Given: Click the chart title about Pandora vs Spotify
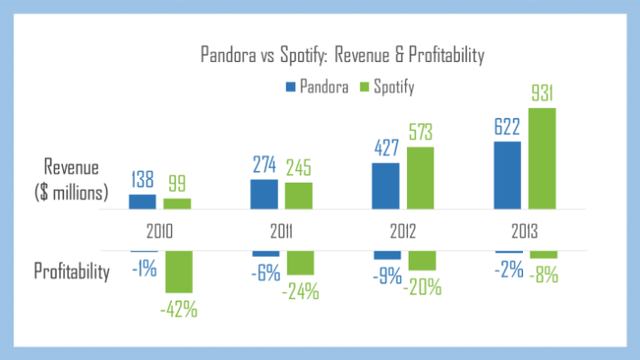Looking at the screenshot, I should click(342, 55).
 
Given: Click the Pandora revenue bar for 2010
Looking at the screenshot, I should click(142, 203).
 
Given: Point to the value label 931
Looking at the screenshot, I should click(542, 93).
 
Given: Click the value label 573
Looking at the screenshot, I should click(420, 132).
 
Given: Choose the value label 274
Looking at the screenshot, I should click(264, 164).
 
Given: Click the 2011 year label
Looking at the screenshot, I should click(282, 232).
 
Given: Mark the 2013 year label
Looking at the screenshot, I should click(526, 232).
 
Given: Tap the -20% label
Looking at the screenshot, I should click(421, 286).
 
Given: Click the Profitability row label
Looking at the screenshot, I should click(72, 271).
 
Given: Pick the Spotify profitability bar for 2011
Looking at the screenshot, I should click(298, 262).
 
